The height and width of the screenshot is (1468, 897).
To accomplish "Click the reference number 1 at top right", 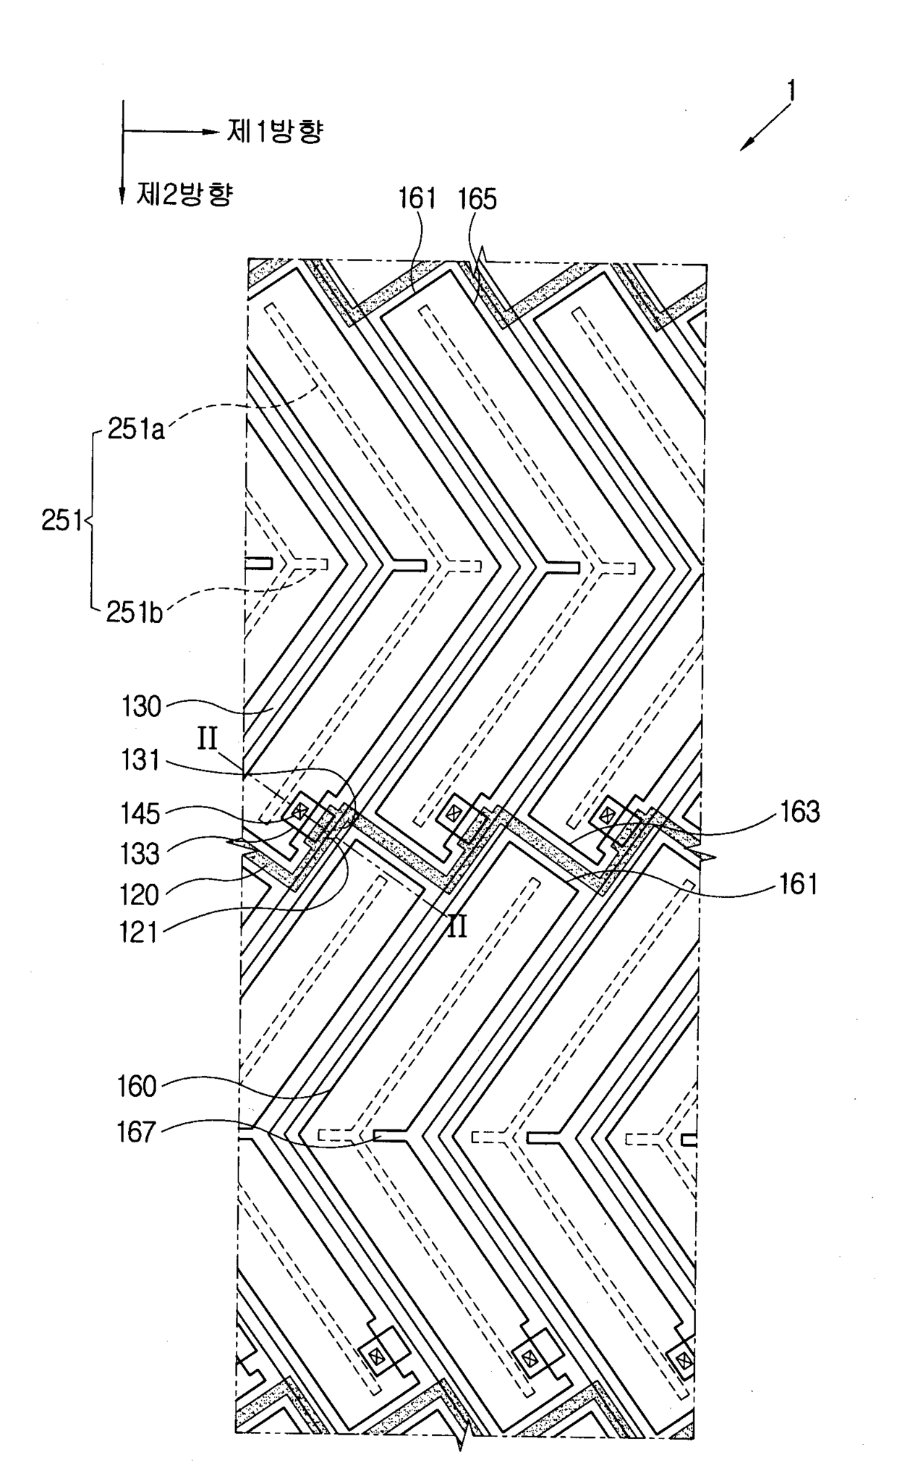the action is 792,90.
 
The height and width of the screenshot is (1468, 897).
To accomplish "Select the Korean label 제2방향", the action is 185,193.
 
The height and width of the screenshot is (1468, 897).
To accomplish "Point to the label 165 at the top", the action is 478,198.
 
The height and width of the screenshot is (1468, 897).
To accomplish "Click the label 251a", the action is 137,429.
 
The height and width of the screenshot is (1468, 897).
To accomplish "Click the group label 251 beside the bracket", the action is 61,521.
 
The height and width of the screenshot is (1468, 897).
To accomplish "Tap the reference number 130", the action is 142,705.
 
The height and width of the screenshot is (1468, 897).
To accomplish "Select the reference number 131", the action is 140,760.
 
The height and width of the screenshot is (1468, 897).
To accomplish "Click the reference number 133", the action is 140,854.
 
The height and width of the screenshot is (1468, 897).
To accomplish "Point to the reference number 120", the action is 140,895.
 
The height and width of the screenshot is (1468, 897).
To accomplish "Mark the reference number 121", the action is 140,932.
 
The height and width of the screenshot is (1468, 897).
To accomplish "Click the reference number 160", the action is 137,1086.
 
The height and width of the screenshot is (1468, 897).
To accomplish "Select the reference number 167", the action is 137,1132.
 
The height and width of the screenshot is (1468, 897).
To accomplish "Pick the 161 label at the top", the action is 418,198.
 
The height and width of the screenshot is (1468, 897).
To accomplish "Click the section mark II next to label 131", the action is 208,741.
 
